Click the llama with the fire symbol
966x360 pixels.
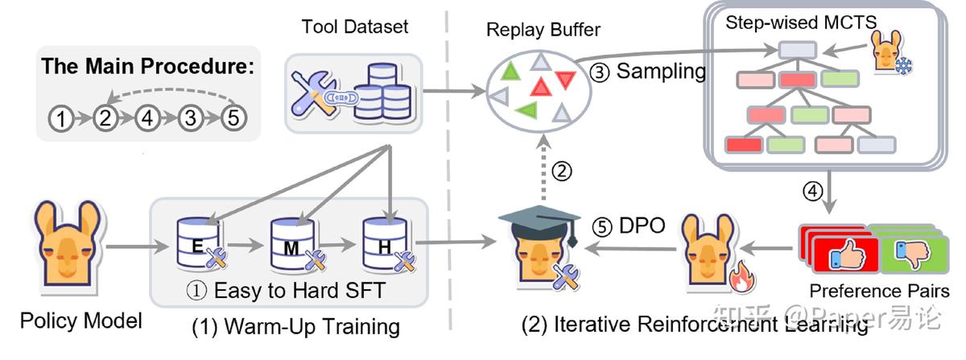pos(708,250)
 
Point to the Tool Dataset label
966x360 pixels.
pos(355,26)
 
